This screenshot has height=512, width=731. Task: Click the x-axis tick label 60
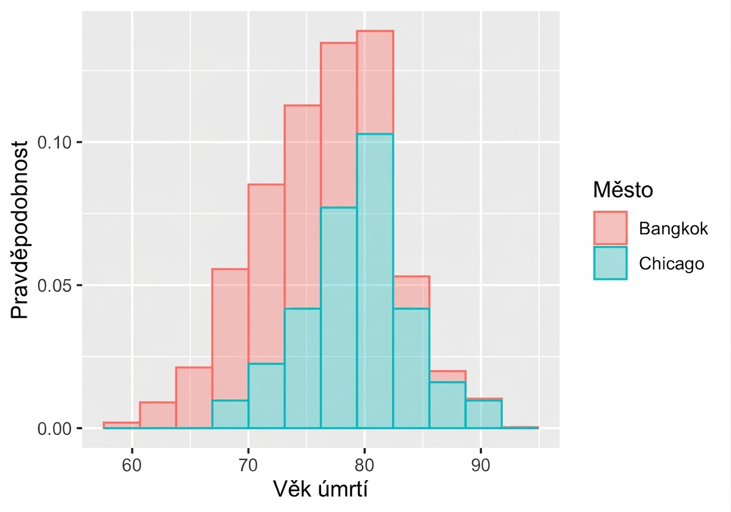pos(132,465)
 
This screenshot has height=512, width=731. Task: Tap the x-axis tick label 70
pos(248,465)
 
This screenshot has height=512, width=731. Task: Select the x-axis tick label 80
pos(364,465)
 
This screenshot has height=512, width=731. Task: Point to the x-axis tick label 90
pos(480,465)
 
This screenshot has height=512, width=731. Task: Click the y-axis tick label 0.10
pos(54,142)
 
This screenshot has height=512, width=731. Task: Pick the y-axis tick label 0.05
pos(54,286)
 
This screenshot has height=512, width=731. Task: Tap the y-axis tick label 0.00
pos(54,428)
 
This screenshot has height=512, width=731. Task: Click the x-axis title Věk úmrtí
pos(320,489)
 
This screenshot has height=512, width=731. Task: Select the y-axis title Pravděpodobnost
pos(19,229)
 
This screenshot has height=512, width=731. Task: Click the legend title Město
pos(623,190)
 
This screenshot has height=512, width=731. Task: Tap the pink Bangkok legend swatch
pos(610,228)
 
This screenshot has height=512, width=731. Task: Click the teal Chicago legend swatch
pos(610,263)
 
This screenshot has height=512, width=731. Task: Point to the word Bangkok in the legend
pos(673,228)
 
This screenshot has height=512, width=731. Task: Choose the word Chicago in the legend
pos(672,264)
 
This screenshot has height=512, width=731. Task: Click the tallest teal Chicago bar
pos(375,280)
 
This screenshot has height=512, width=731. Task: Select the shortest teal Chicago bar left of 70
pos(230,414)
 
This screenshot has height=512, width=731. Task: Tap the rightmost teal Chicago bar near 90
pos(484,414)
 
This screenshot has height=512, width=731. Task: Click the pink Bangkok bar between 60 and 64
pos(158,415)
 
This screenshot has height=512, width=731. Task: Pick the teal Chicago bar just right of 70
pos(267,395)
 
